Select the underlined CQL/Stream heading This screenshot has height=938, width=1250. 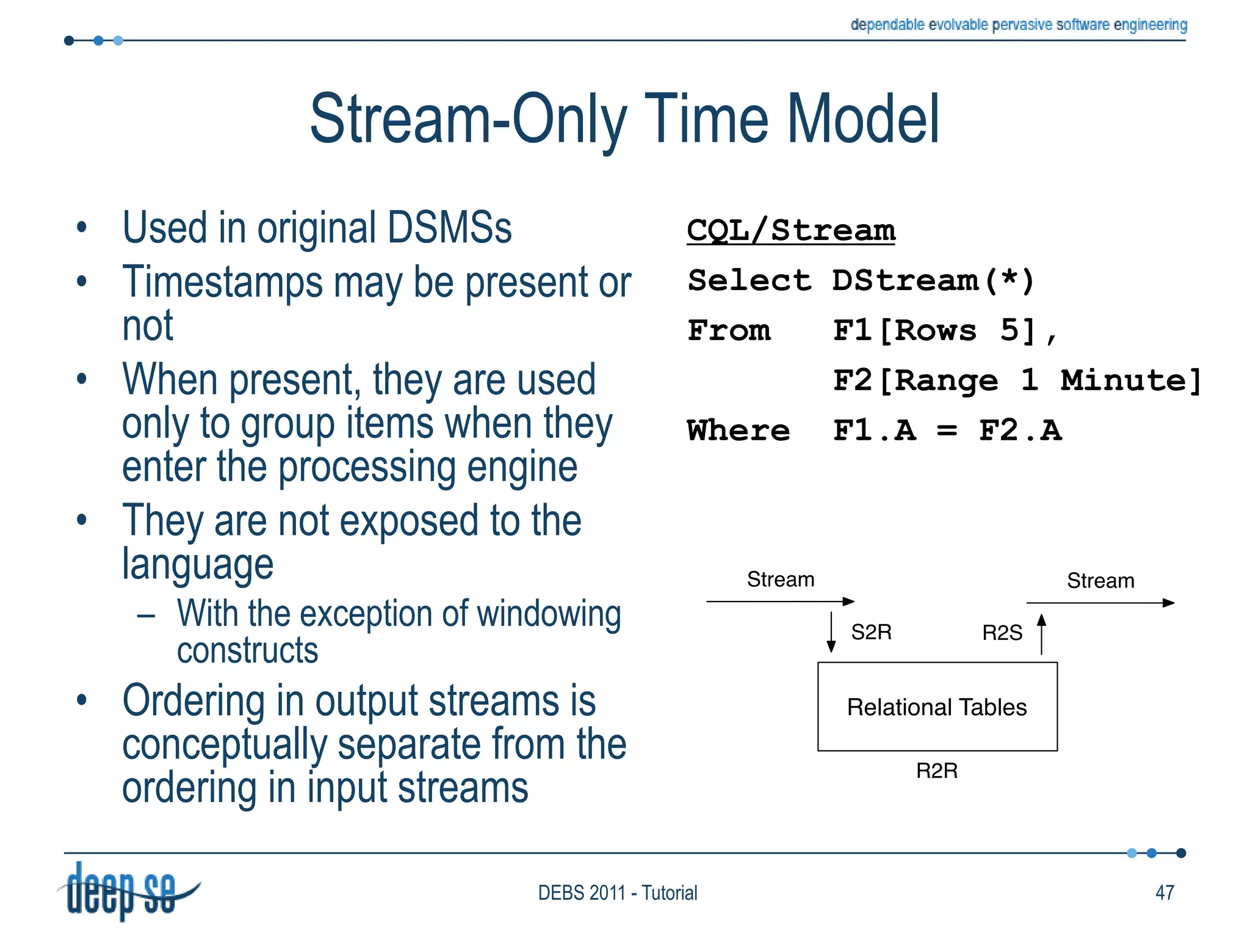point(790,231)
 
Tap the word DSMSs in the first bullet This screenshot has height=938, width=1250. point(449,228)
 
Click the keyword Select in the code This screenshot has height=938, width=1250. point(749,281)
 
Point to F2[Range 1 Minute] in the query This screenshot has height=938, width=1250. point(1017,380)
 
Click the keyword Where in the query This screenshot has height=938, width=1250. point(738,431)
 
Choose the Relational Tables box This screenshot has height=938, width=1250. point(937,707)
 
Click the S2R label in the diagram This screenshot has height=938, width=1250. point(871,631)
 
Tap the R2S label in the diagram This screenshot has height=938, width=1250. point(1002,633)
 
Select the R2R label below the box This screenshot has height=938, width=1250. point(936,771)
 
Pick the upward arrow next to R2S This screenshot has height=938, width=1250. point(1041,634)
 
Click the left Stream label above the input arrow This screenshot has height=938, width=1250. point(780,579)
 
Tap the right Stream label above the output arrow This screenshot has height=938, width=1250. point(1100,580)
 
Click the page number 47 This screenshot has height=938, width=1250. point(1165,892)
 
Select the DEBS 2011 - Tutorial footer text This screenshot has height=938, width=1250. point(617,893)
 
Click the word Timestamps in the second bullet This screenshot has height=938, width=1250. point(222,282)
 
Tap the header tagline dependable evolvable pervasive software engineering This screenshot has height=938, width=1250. point(1018,24)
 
